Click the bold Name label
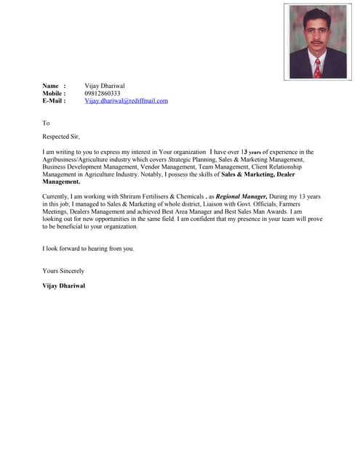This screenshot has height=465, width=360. [x=50, y=86]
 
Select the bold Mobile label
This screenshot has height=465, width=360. [x=54, y=94]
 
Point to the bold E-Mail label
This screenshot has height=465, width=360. [x=54, y=101]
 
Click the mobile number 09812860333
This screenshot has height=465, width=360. [x=103, y=94]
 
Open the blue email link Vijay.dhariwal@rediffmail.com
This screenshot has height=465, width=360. [x=126, y=101]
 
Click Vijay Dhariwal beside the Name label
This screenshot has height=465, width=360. [x=105, y=86]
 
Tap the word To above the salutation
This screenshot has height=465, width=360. [x=46, y=123]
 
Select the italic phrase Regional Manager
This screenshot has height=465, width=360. [x=241, y=197]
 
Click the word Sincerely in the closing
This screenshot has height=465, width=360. [x=71, y=271]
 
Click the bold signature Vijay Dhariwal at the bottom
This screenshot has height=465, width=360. [x=64, y=286]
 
